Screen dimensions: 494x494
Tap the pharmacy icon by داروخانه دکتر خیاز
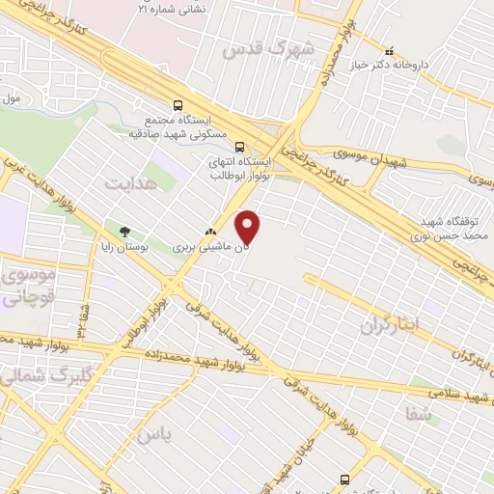[390, 51]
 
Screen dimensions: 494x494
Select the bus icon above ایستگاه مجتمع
[177, 106]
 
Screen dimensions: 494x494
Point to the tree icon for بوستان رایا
[124, 232]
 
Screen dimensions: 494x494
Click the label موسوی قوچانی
[27, 288]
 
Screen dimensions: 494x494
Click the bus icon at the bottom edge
[345, 480]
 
